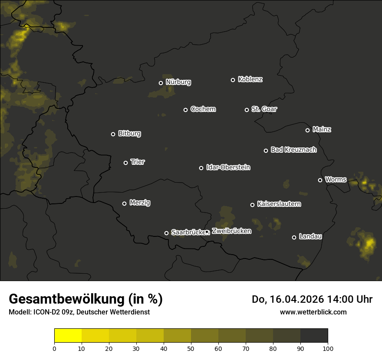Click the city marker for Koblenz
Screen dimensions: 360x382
pyautogui.click(x=233, y=80)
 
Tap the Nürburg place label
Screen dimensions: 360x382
pyautogui.click(x=178, y=82)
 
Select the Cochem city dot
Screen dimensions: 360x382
pyautogui.click(x=185, y=110)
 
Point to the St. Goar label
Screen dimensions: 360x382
pyautogui.click(x=264, y=109)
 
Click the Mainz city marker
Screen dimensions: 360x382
pyautogui.click(x=307, y=130)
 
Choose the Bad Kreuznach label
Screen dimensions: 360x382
pyautogui.click(x=293, y=150)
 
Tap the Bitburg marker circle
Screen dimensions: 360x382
pyautogui.click(x=113, y=134)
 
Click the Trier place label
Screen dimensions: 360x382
pyautogui.click(x=138, y=162)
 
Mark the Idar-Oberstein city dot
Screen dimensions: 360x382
pyautogui.click(x=201, y=168)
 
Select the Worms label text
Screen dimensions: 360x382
pyautogui.click(x=336, y=179)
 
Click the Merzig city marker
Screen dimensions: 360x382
pyautogui.click(x=124, y=203)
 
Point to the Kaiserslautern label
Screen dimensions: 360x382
pyautogui.click(x=279, y=204)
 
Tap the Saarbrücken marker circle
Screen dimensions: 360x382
pyautogui.click(x=166, y=233)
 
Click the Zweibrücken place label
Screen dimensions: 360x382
pyautogui.click(x=231, y=231)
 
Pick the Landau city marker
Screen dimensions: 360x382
pyautogui.click(x=294, y=237)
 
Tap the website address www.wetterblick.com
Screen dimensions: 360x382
pyautogui.click(x=313, y=312)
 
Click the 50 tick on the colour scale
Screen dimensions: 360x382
pyautogui.click(x=191, y=348)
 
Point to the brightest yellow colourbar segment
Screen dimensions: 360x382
pyautogui.click(x=68, y=336)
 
